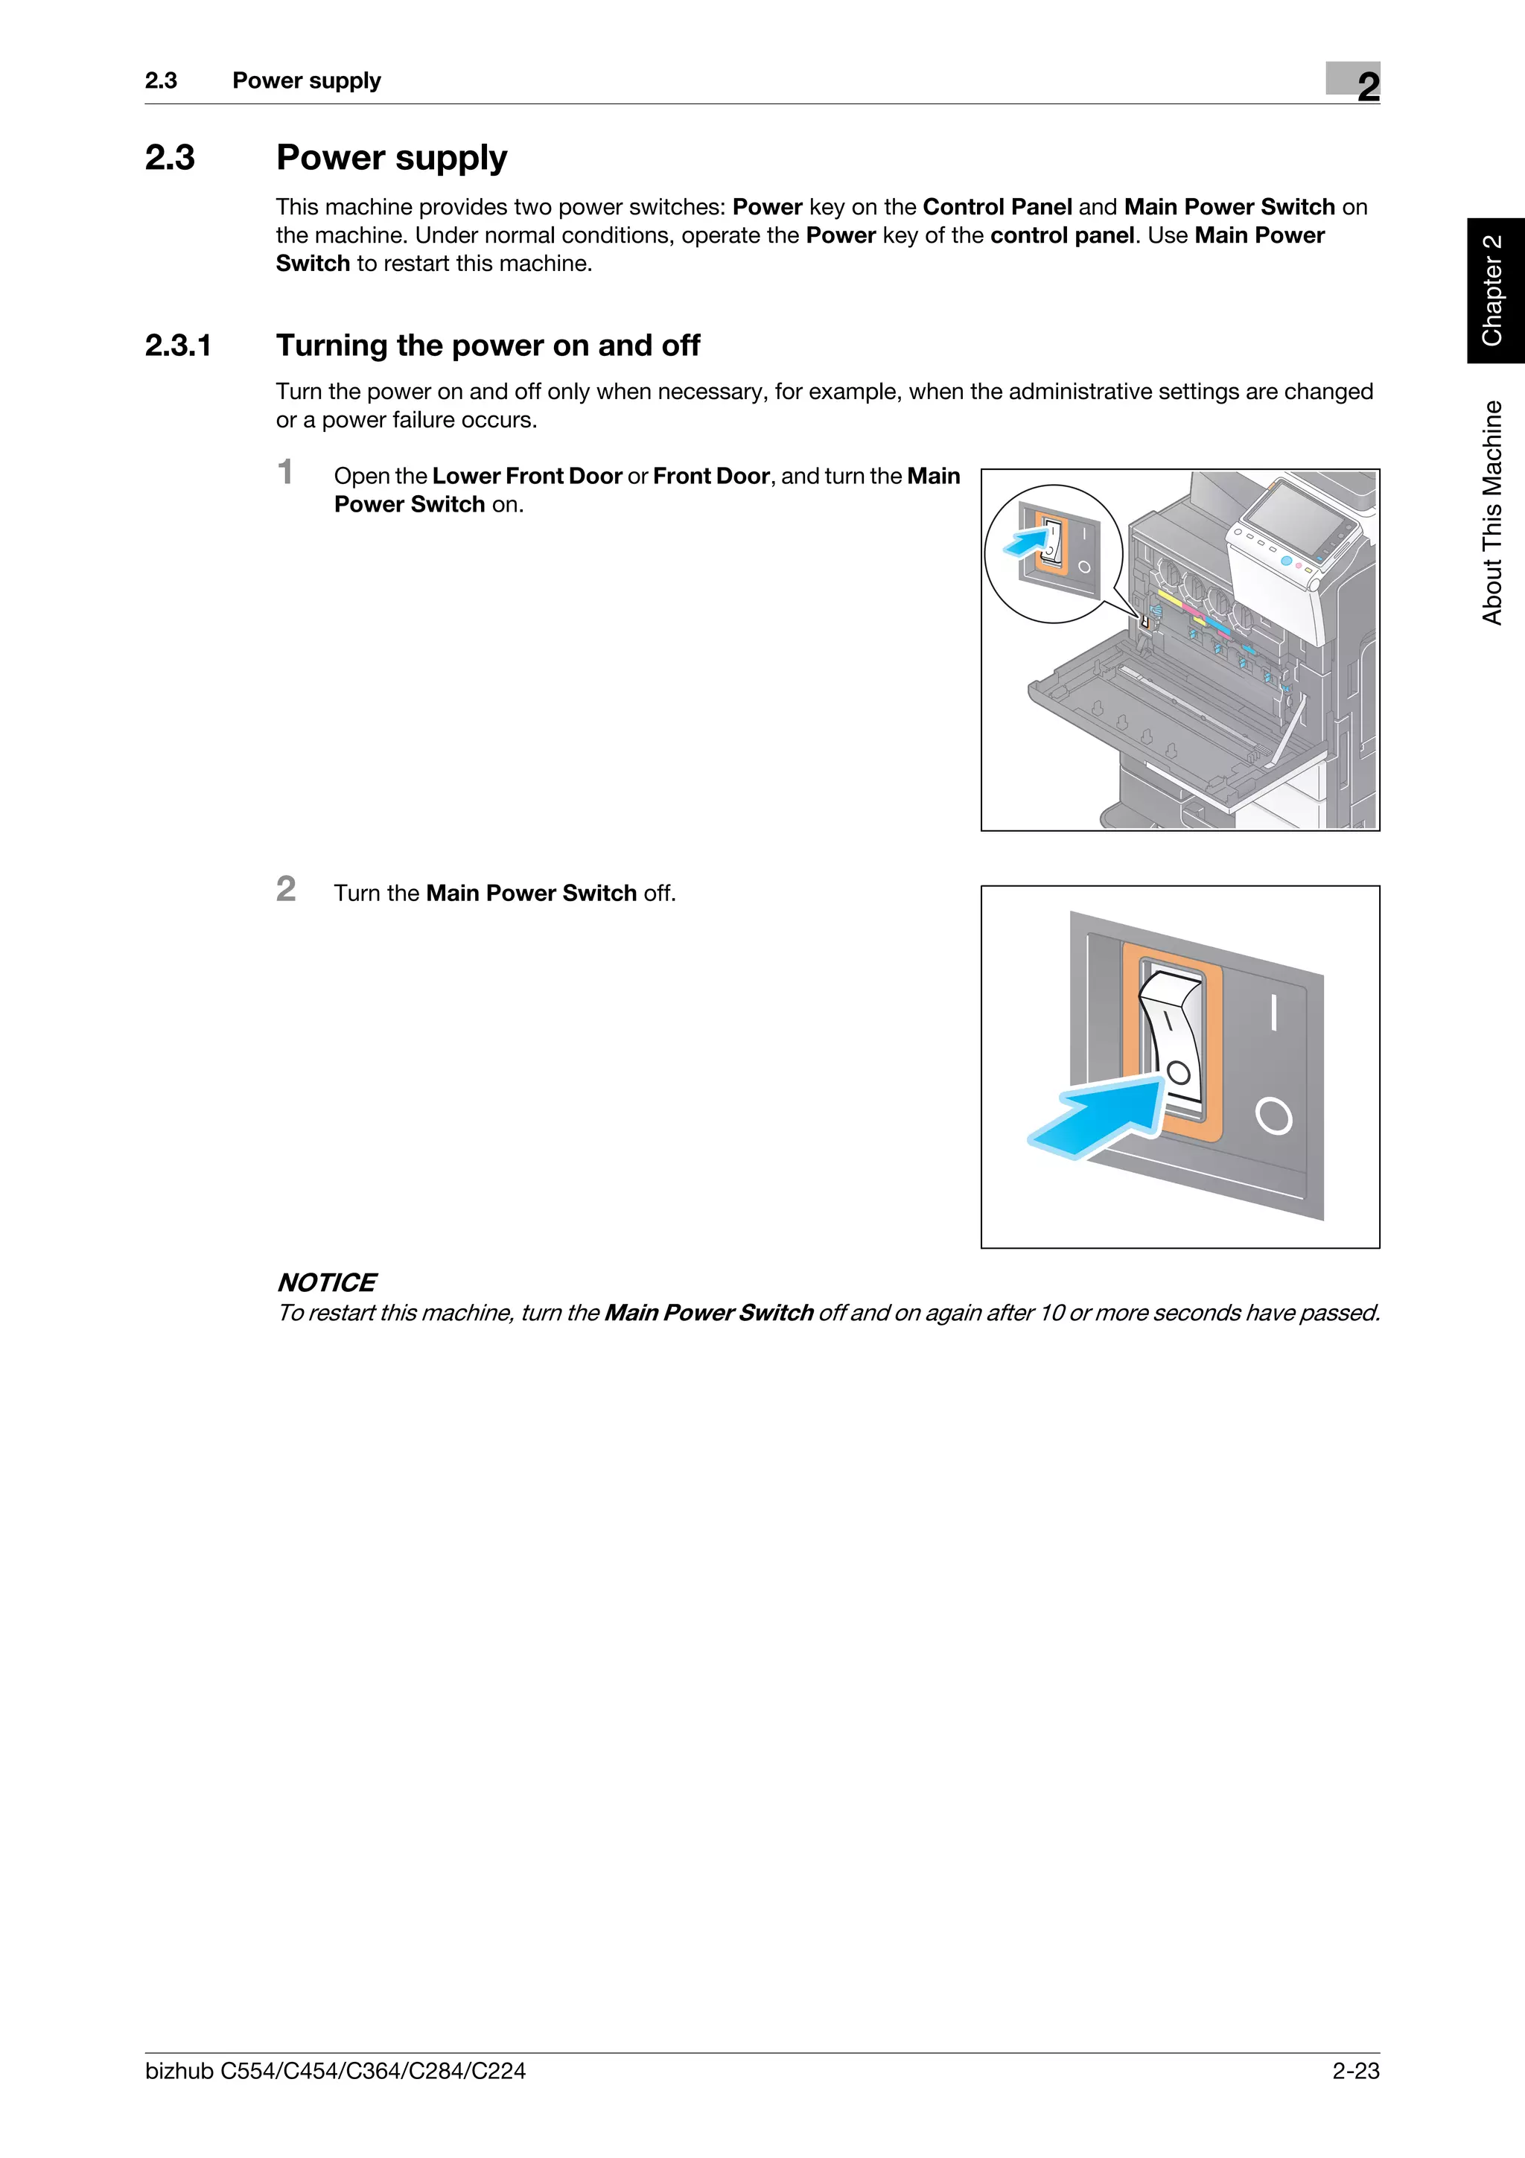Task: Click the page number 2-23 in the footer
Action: (1355, 2071)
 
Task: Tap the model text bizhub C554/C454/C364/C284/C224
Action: (334, 2071)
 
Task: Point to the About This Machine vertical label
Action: (1492, 512)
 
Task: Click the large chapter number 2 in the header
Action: (1368, 86)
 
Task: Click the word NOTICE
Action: (326, 1282)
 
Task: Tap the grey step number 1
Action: (286, 472)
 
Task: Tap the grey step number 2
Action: (286, 889)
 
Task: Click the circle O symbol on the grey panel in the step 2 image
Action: (1273, 1116)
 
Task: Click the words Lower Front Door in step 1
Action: (526, 477)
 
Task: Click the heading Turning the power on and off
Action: (488, 346)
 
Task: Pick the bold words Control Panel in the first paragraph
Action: (997, 207)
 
